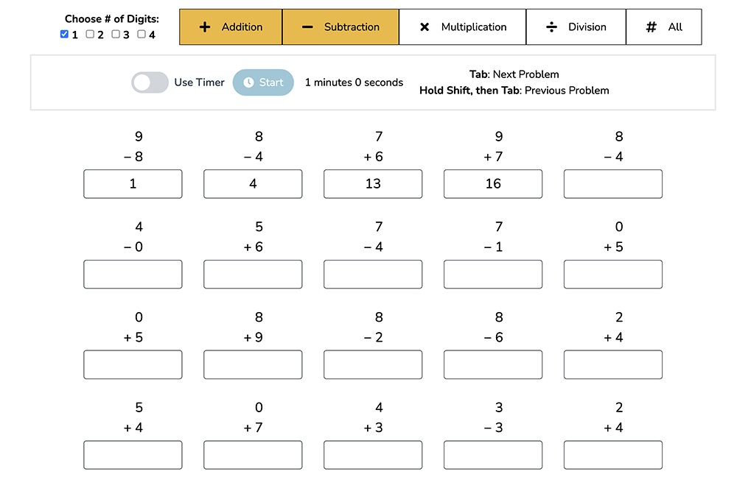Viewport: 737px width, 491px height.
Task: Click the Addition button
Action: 231,27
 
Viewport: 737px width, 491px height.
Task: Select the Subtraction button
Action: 340,27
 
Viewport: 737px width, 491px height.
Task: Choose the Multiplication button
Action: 463,27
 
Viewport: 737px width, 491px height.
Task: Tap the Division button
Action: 576,27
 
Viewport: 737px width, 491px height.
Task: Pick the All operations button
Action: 664,27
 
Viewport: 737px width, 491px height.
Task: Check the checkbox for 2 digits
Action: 90,35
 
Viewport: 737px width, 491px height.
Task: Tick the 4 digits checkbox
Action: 142,35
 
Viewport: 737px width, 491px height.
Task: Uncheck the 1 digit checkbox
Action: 64,35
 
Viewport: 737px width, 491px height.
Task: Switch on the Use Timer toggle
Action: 150,82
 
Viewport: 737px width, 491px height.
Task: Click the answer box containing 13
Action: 373,184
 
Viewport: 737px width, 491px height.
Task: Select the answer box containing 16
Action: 493,184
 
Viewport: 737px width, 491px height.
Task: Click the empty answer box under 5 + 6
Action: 253,275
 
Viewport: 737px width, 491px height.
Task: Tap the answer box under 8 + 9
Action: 253,365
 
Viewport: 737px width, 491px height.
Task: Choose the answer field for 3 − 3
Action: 493,455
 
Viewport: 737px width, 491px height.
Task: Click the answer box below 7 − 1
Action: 493,275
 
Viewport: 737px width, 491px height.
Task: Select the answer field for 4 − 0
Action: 133,275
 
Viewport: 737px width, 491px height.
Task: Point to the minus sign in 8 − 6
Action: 488,338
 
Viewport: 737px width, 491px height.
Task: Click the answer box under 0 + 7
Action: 253,455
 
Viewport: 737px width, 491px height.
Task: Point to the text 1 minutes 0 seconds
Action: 354,82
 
